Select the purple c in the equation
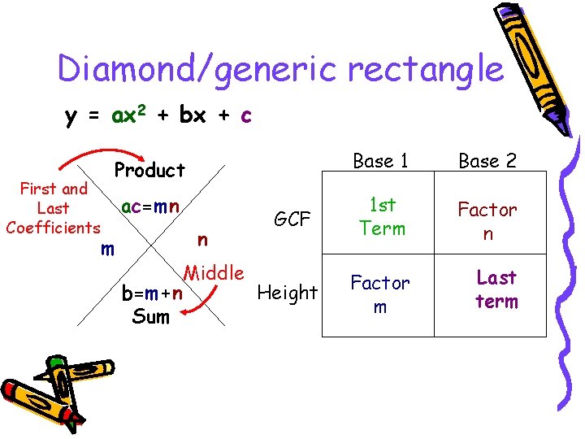tap(245, 115)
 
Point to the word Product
tap(149, 170)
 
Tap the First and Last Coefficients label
tap(53, 208)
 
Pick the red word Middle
tap(214, 272)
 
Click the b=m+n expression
tap(151, 293)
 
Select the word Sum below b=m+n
tap(151, 315)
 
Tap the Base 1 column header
tap(380, 161)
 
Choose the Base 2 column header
tap(487, 161)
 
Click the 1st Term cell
tap(382, 218)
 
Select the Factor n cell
tap(487, 221)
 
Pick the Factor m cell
tap(380, 293)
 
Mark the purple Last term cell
tap(496, 289)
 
